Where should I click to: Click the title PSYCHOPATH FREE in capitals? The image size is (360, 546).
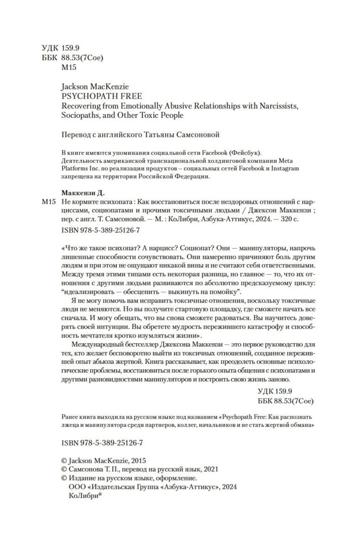pos(102,96)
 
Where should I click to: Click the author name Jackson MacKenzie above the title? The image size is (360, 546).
pos(95,87)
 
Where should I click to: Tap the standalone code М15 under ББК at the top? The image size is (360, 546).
pos(69,67)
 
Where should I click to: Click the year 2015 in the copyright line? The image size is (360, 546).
pos(138,461)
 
